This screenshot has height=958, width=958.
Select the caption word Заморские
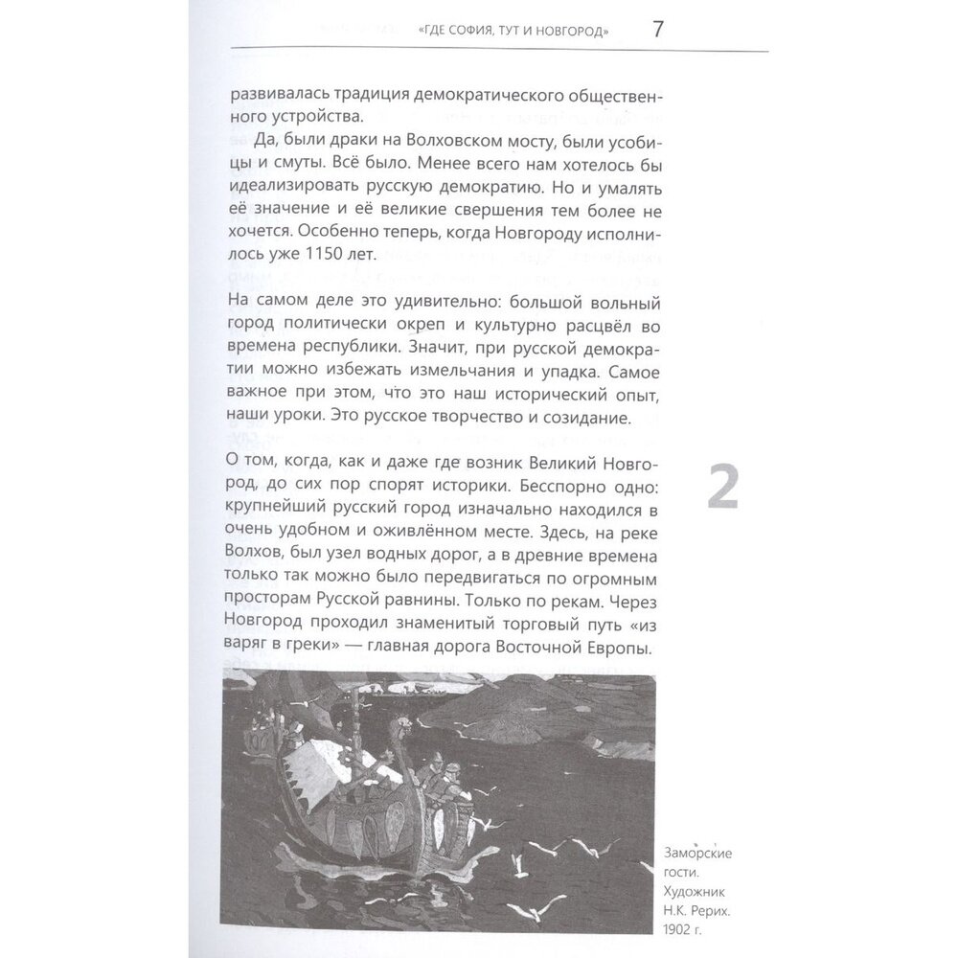(702, 853)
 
